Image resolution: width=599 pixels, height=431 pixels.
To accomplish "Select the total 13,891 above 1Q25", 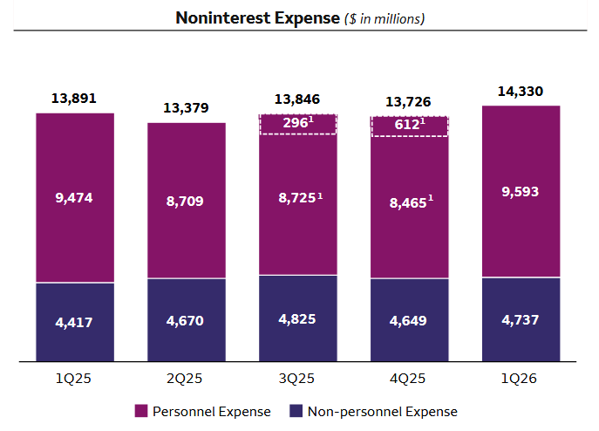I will pos(74,98).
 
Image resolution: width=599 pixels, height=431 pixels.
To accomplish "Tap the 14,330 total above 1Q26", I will pos(521,90).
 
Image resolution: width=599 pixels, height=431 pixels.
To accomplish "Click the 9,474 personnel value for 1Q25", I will pos(74,197).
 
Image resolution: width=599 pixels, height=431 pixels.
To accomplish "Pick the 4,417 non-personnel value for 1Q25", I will pos(74,322).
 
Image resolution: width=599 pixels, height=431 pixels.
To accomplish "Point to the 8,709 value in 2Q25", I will pos(186,201).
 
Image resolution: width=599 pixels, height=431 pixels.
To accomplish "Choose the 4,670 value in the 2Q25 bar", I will pos(186,320).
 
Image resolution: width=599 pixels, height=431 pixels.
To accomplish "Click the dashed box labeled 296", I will pos(298,124).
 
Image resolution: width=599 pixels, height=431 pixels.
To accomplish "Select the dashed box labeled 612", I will pos(410,127).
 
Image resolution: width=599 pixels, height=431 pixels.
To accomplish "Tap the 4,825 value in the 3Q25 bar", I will pos(298,318).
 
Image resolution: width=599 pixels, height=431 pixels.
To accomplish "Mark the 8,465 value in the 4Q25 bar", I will pos(407,202).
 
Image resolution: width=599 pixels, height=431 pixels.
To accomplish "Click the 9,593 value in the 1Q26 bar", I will pos(521,191).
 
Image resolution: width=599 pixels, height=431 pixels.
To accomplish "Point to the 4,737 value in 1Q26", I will pos(521,319).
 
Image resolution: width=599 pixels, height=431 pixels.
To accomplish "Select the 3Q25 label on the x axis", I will pos(298,380).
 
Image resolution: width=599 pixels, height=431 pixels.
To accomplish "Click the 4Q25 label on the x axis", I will pos(410,380).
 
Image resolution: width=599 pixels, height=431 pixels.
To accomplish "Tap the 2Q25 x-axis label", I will pos(186,380).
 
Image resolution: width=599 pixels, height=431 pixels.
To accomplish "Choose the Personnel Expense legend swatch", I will pos(141,411).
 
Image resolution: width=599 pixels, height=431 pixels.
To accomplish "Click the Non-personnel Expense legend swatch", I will pos(295,411).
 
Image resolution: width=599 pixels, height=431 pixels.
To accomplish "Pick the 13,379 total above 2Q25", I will pos(186,107).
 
